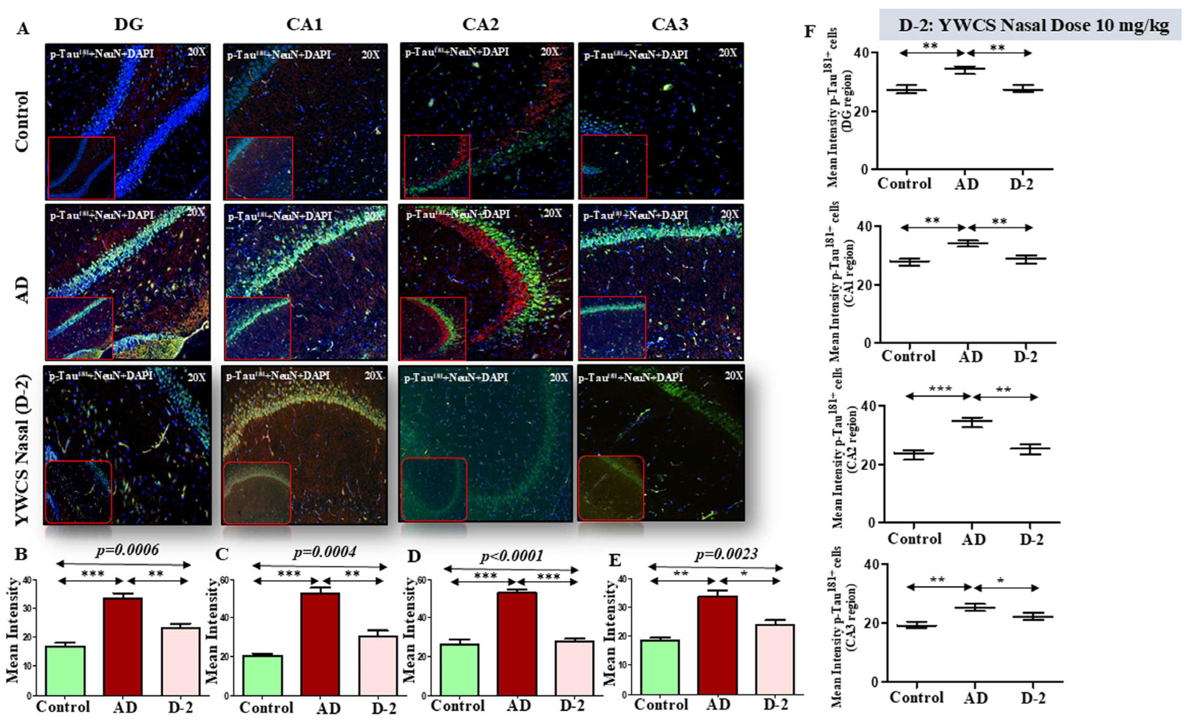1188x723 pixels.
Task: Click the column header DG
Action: point(129,24)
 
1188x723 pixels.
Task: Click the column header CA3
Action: point(670,24)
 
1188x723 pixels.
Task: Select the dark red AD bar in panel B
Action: point(123,646)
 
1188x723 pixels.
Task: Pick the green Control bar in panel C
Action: point(263,675)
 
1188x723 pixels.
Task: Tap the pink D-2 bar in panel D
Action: point(575,668)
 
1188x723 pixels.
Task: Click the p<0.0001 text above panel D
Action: point(512,556)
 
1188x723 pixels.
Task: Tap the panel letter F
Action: point(810,32)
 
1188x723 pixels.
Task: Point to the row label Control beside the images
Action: point(22,122)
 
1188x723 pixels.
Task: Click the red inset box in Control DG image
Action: point(81,168)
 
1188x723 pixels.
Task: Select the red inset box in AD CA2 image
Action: point(433,328)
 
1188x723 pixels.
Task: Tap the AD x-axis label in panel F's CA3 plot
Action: point(975,698)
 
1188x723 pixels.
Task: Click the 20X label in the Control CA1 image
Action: point(370,54)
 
